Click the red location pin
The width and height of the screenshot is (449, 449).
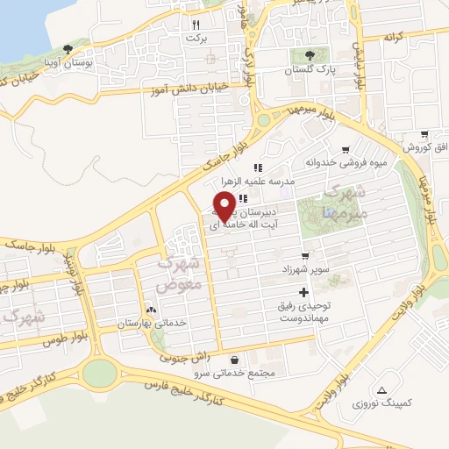click(x=224, y=203)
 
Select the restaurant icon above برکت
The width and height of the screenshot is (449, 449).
click(x=197, y=25)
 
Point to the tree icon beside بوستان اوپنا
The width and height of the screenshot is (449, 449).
click(x=68, y=50)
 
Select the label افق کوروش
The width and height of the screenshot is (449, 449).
click(x=425, y=147)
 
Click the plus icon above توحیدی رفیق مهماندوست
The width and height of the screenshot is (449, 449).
click(x=304, y=292)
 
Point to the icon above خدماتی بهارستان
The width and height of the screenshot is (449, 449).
click(x=152, y=310)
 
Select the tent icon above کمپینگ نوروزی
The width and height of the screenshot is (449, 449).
click(x=380, y=389)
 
